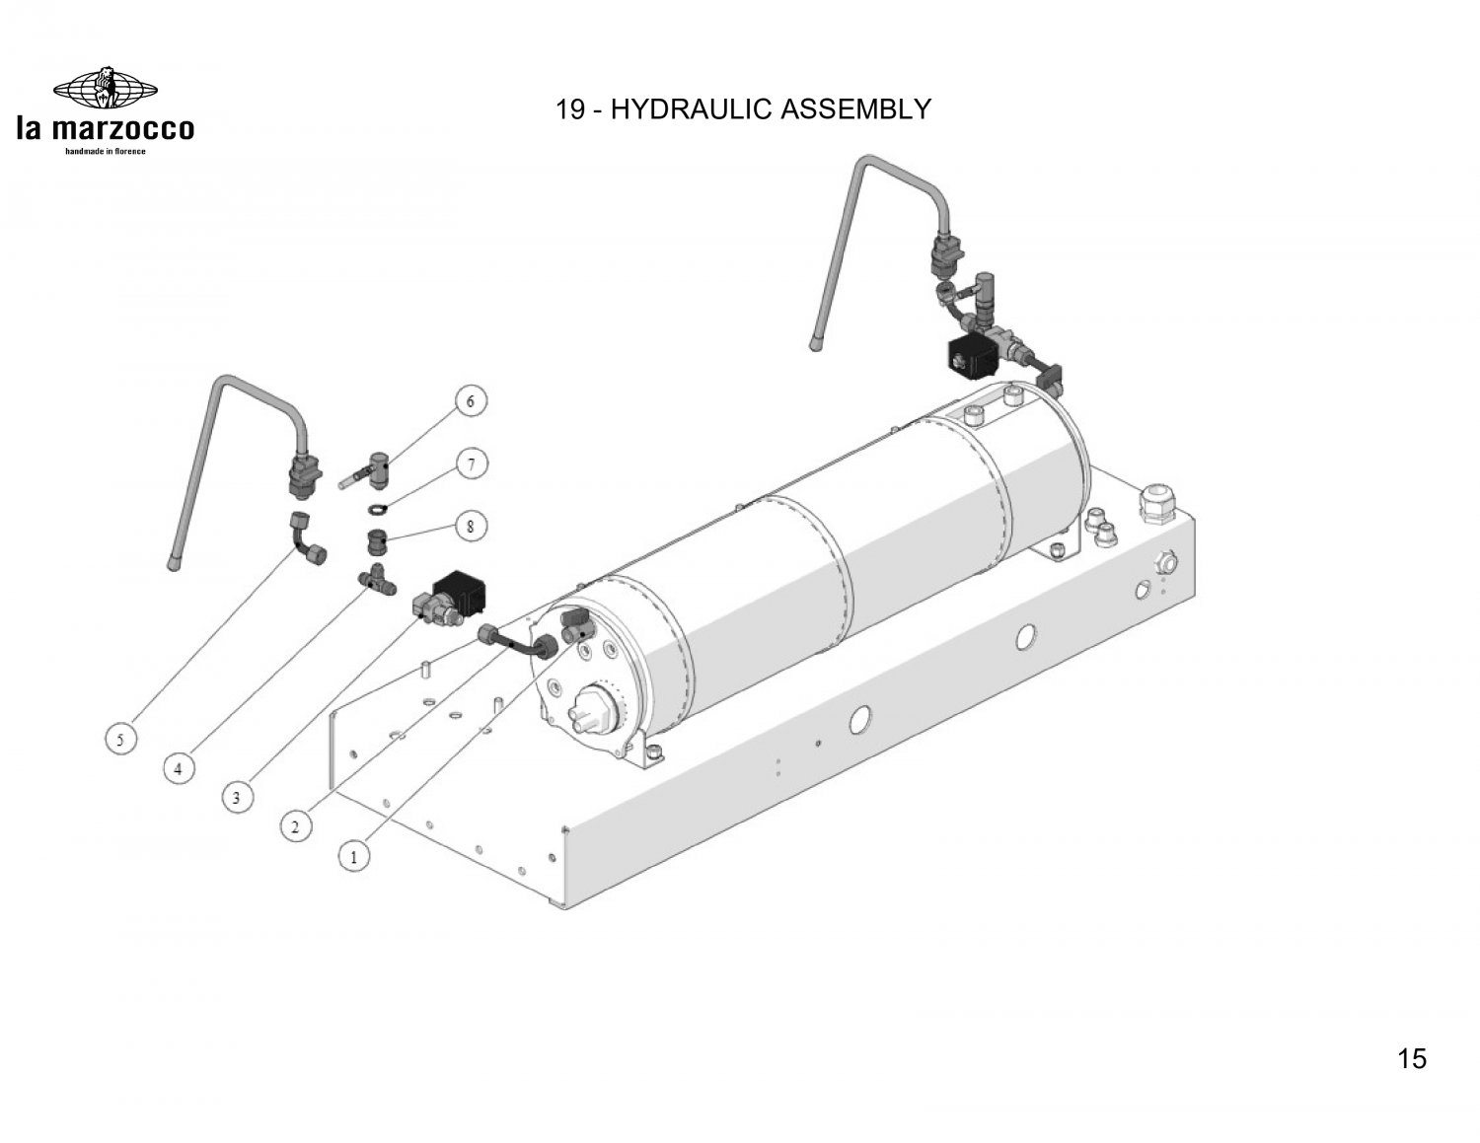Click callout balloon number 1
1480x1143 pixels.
click(353, 856)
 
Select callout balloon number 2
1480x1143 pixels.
click(295, 827)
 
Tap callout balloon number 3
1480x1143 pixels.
click(237, 797)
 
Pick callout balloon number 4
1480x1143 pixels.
click(179, 769)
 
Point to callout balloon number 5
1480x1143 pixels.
click(120, 740)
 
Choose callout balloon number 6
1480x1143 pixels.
click(470, 401)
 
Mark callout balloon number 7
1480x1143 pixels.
click(471, 464)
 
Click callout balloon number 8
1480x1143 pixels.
click(470, 526)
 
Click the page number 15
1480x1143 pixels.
click(1411, 1058)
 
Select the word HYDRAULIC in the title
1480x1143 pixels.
click(692, 109)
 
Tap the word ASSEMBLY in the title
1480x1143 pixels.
click(856, 109)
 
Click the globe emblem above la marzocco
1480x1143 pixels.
click(105, 88)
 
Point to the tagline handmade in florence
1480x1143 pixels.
click(105, 151)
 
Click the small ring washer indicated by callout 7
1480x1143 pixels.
click(377, 508)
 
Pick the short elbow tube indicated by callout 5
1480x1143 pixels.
click(307, 538)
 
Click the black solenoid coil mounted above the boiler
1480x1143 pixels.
click(974, 356)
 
